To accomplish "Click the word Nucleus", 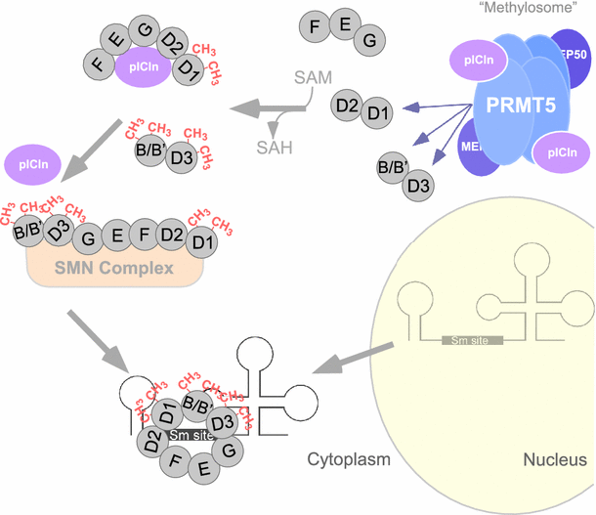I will pyautogui.click(x=554, y=460).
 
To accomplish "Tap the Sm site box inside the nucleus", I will pyautogui.click(x=471, y=340).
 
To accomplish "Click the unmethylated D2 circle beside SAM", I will pyautogui.click(x=347, y=104).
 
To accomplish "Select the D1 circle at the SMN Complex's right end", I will pyautogui.click(x=203, y=239).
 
